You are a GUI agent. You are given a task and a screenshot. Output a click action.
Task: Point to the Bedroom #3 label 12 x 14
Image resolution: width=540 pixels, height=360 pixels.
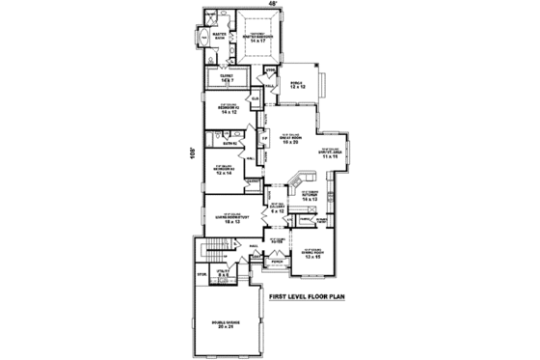pos(225,171)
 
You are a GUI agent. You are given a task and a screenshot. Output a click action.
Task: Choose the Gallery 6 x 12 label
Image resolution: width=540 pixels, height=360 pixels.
pos(277,208)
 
